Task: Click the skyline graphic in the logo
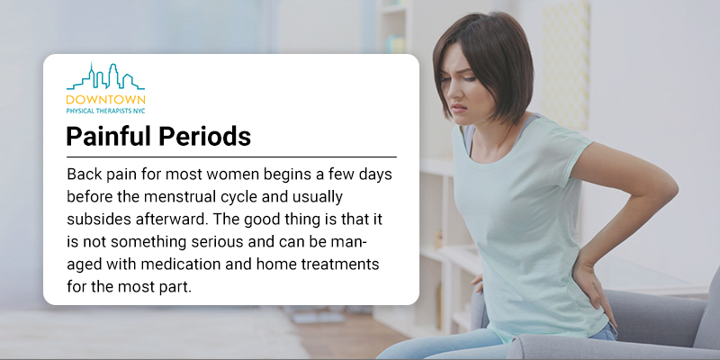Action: tap(105, 76)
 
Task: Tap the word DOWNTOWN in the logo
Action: tap(105, 100)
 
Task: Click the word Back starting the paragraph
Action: tap(80, 175)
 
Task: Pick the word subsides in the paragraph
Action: tap(92, 220)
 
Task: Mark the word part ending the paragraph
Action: tap(175, 287)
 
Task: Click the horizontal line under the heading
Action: tap(231, 157)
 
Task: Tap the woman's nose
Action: tap(452, 94)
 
